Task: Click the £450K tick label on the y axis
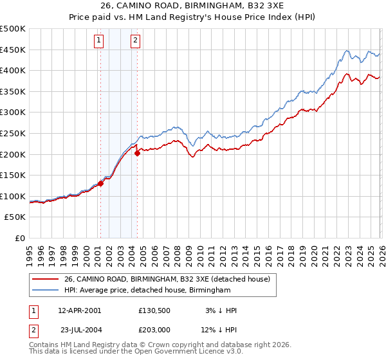(13, 50)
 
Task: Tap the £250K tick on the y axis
(13, 133)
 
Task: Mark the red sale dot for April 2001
(100, 183)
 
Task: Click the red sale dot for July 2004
(137, 153)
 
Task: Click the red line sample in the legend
(46, 278)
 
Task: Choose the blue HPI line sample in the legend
(46, 291)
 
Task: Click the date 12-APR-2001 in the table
(79, 310)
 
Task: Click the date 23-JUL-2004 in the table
(79, 329)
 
